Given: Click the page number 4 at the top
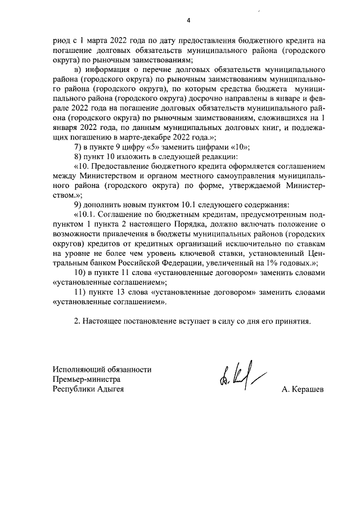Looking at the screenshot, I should pos(189,21).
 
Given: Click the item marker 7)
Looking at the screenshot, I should pos(78,146).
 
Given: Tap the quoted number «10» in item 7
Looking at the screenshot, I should pos(241,146).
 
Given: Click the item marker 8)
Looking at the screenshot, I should pos(78,156).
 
